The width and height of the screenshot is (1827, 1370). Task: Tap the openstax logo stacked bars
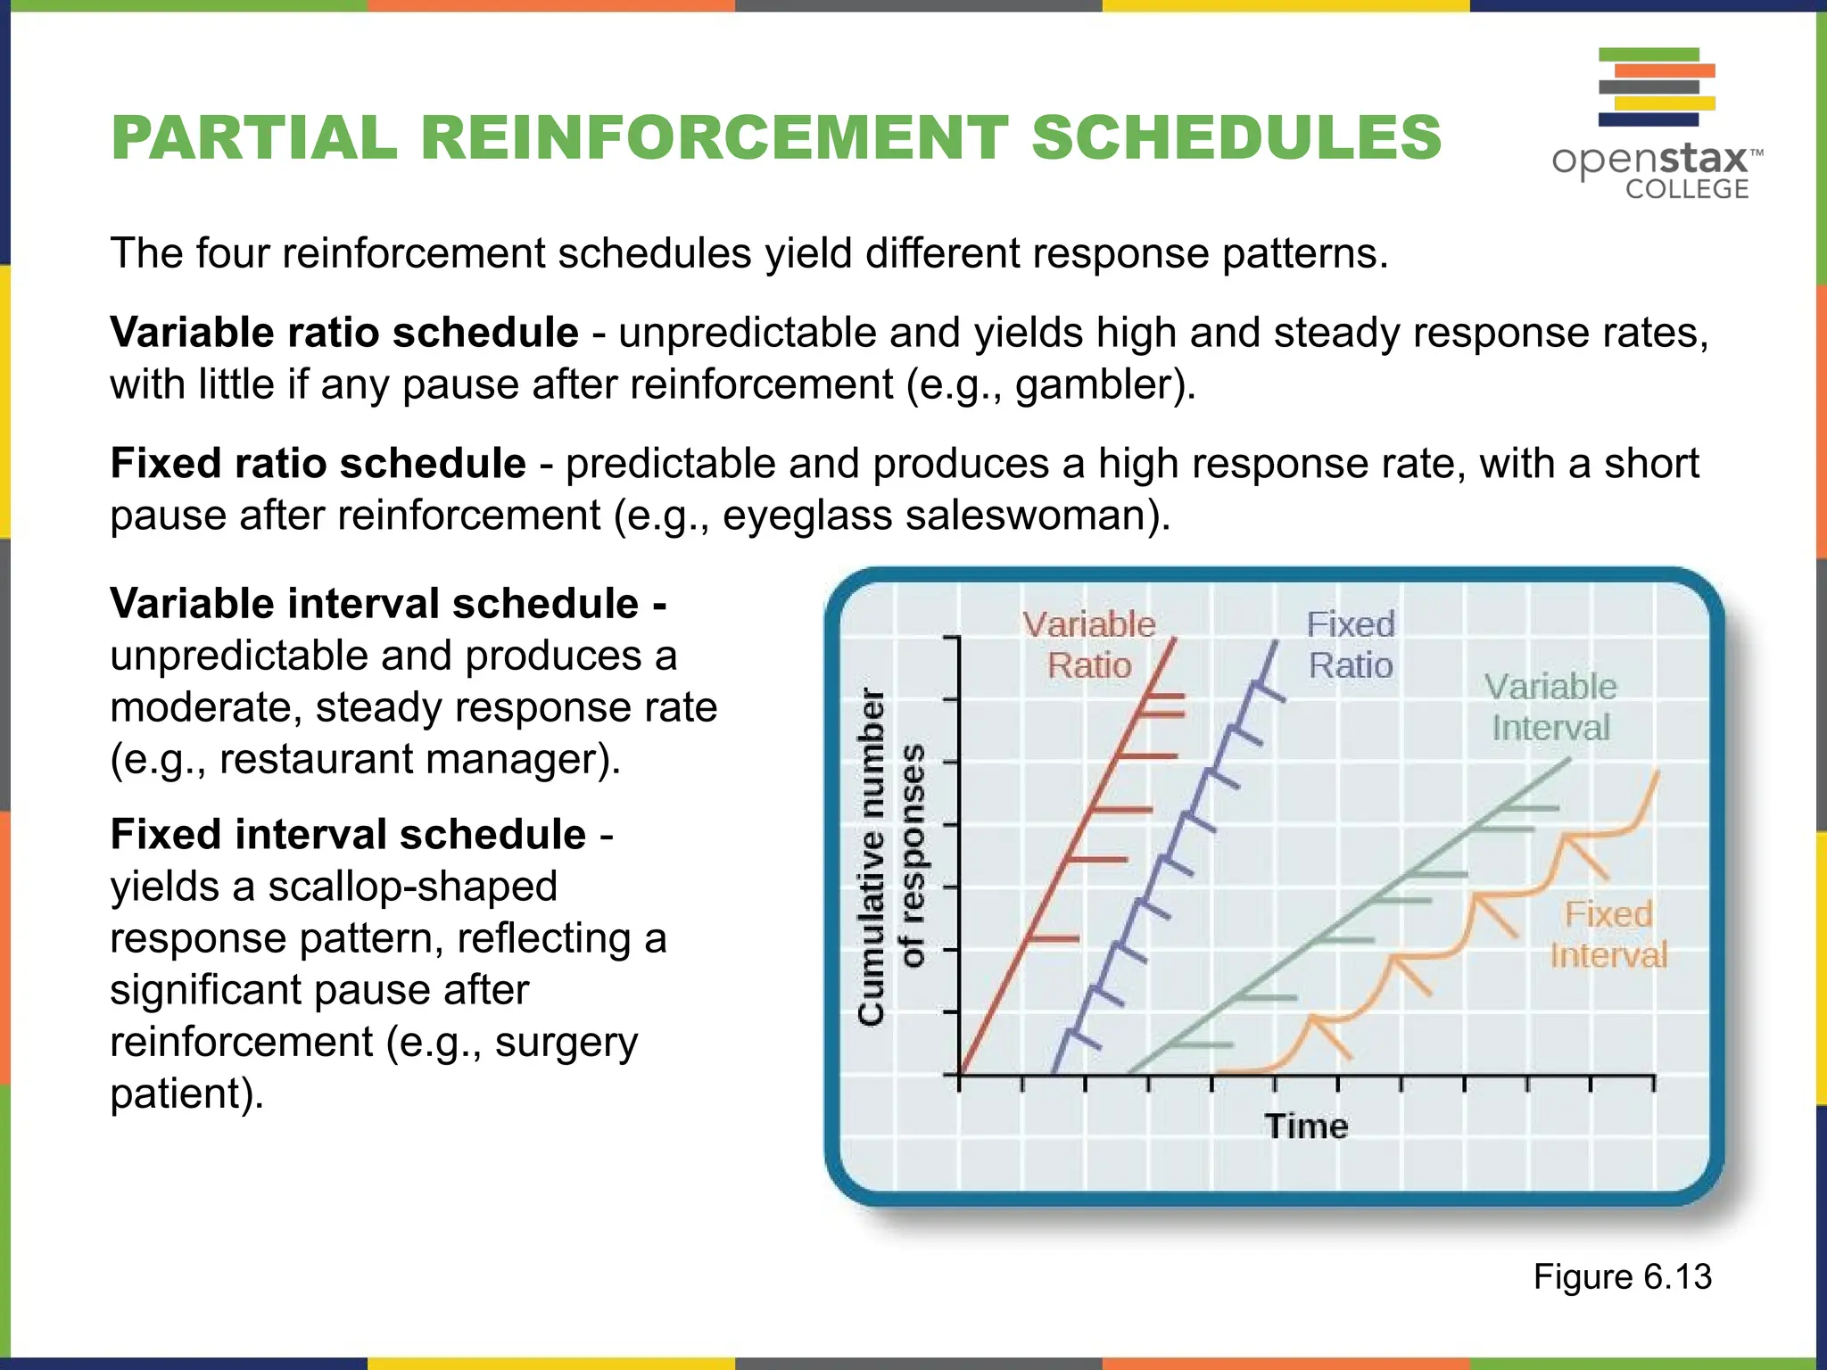pos(1656,87)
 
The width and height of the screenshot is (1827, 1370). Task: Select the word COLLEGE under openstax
pos(1686,189)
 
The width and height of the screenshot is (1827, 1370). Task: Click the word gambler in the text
pos(1097,385)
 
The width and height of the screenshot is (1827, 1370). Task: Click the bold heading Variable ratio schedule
pos(344,333)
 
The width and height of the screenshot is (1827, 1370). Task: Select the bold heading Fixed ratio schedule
pos(318,464)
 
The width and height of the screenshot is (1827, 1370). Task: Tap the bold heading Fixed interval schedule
pos(348,835)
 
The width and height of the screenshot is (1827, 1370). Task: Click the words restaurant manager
pos(410,760)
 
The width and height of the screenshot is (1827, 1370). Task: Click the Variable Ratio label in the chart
pos(1088,645)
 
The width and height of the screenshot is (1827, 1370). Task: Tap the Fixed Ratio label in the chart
pos(1350,645)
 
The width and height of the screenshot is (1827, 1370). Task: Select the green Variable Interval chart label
pos(1550,707)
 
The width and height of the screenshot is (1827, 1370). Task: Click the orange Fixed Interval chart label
pos(1608,935)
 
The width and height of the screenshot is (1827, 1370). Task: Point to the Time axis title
pos(1306,1126)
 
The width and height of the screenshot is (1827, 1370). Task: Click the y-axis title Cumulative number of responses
pos(889,856)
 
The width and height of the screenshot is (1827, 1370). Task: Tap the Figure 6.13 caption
pos(1622,1276)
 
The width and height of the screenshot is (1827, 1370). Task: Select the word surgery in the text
pos(566,1042)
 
